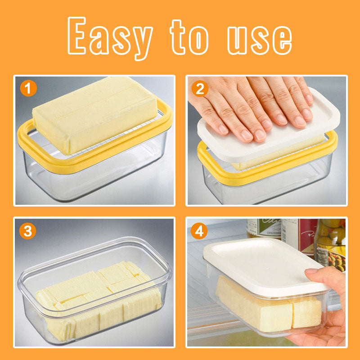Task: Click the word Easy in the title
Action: [x=110, y=38]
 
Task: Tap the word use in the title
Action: [x=260, y=40]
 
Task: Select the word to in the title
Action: [x=189, y=37]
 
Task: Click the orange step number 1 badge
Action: [x=28, y=88]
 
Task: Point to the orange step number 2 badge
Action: [x=200, y=88]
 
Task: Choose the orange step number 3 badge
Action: [x=28, y=231]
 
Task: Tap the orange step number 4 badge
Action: [x=199, y=231]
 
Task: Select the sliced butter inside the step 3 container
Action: [x=99, y=301]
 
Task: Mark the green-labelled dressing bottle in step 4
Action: [x=264, y=229]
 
